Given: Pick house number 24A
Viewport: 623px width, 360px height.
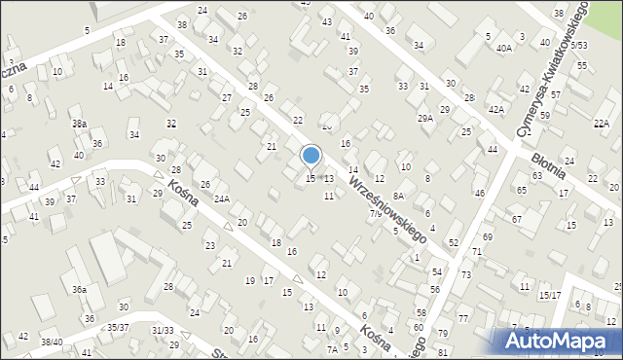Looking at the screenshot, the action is point(222,199).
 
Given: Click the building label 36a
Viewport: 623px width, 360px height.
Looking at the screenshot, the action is point(79,289).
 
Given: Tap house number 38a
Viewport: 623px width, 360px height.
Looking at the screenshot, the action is point(79,124).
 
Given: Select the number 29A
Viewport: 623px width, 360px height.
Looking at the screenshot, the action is point(425,118).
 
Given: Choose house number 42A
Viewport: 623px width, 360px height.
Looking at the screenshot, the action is point(495,110).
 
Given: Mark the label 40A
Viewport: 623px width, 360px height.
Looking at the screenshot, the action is point(503,48).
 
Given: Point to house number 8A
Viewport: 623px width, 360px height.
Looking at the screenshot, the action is point(398,196).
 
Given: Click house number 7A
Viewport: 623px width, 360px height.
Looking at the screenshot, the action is point(332,349).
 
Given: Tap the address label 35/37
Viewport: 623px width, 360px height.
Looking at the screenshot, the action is point(118,328).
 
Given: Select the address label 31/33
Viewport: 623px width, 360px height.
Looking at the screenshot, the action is point(163,331).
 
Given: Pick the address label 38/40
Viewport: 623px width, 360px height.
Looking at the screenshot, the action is point(51,342).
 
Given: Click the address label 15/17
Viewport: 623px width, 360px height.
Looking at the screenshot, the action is point(550,295).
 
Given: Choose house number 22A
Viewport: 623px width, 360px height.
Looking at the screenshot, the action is point(602,123).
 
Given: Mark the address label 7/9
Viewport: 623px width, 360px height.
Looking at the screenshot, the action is point(376,213).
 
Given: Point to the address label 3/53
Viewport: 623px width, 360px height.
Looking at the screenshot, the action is point(578,46).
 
